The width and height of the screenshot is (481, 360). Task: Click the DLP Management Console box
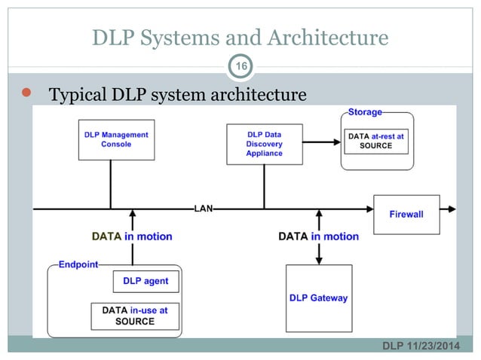(116, 139)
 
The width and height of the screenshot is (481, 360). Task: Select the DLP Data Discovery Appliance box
(264, 143)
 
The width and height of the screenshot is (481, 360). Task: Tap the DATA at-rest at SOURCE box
(376, 141)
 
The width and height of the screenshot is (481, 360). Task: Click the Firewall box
(406, 214)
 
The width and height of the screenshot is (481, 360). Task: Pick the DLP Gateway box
(318, 297)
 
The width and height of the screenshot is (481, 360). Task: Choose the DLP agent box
(146, 281)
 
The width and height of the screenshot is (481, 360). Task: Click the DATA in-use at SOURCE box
(135, 316)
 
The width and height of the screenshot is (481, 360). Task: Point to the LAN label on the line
(204, 209)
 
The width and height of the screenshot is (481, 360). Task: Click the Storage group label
(365, 112)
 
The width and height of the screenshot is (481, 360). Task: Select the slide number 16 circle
(240, 67)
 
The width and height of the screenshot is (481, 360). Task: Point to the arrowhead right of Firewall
(451, 209)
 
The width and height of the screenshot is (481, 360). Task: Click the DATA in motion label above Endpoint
(132, 236)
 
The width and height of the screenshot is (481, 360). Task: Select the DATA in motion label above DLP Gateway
(318, 236)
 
